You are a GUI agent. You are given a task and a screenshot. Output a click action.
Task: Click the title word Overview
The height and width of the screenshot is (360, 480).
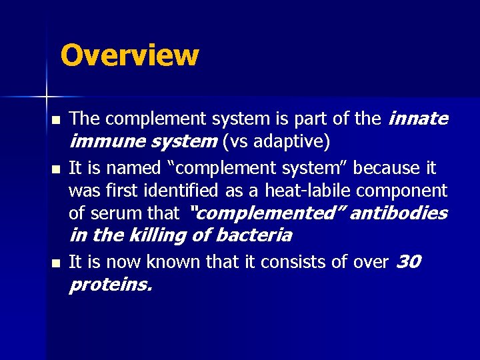pos(129,55)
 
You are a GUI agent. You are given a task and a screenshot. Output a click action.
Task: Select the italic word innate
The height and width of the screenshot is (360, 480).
pos(418,119)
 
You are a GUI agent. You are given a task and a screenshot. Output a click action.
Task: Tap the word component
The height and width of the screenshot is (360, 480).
pos(402,191)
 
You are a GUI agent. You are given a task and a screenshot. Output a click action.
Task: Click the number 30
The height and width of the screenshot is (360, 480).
pos(408,262)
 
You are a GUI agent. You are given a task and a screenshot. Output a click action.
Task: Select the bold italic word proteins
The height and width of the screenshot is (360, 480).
pos(111,285)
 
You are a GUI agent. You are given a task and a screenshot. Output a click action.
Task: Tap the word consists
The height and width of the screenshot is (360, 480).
pos(288,262)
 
